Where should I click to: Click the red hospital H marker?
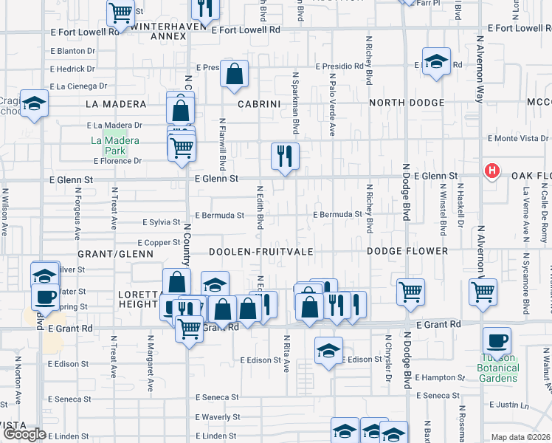pos(492,173)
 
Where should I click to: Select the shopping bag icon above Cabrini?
pos(234,75)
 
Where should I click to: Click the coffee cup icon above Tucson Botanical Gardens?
pos(497,341)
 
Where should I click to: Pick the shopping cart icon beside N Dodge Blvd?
pos(410,291)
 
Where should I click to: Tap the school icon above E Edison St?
pos(328,350)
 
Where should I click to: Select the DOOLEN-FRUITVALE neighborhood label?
pos(261,252)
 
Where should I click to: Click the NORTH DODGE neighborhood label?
pos(407,103)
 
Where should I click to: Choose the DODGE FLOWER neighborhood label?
pos(407,252)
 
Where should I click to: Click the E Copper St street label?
pos(159,242)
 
